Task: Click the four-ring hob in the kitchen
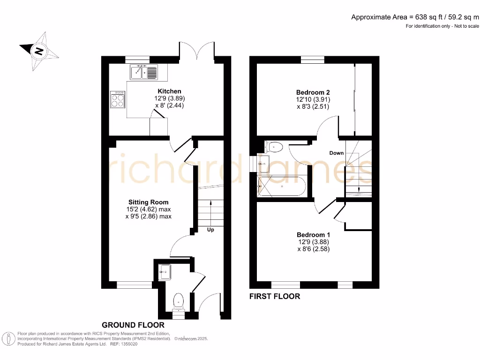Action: tap(118, 99)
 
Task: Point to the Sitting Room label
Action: tap(148, 202)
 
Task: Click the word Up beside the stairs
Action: tap(210, 230)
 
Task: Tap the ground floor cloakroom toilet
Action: tap(179, 300)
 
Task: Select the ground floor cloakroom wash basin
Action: tap(165, 271)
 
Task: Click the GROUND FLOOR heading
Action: tap(133, 325)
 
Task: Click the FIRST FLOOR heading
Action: tap(274, 296)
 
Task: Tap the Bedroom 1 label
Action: tap(313, 235)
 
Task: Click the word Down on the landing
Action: tap(336, 153)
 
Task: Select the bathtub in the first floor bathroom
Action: tap(282, 186)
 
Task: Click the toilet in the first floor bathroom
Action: tap(274, 147)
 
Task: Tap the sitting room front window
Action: tap(134, 285)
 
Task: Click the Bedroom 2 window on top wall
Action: tap(312, 60)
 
